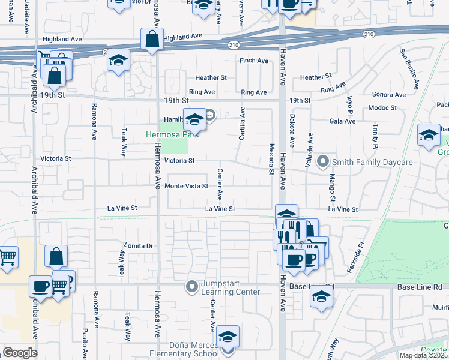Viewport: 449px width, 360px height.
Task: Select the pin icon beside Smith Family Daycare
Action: click(x=324, y=161)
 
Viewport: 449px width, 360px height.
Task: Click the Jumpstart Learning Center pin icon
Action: click(x=192, y=286)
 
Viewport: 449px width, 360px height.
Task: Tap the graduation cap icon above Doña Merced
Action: click(x=228, y=337)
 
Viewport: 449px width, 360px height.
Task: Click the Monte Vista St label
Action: click(x=186, y=186)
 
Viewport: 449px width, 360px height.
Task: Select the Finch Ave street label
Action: click(x=254, y=61)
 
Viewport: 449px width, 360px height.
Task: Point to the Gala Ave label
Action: click(x=342, y=121)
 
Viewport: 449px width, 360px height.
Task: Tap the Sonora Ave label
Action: click(x=389, y=95)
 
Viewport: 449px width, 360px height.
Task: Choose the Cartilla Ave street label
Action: click(x=242, y=124)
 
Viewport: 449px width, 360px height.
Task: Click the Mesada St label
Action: click(x=271, y=160)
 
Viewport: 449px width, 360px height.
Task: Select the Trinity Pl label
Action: click(x=375, y=137)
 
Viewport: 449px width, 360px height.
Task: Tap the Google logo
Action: click(x=20, y=353)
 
